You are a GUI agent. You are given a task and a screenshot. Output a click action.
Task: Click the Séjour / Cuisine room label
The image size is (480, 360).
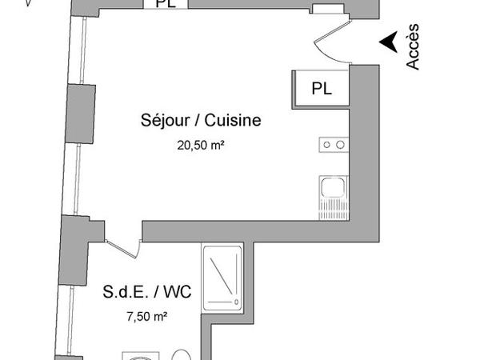(x=201, y=121)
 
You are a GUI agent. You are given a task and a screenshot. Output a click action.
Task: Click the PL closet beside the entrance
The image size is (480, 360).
(x=322, y=86)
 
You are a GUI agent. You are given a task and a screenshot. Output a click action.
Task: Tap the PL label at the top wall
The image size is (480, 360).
(x=167, y=4)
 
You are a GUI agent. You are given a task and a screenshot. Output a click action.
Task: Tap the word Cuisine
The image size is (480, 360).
(x=233, y=121)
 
